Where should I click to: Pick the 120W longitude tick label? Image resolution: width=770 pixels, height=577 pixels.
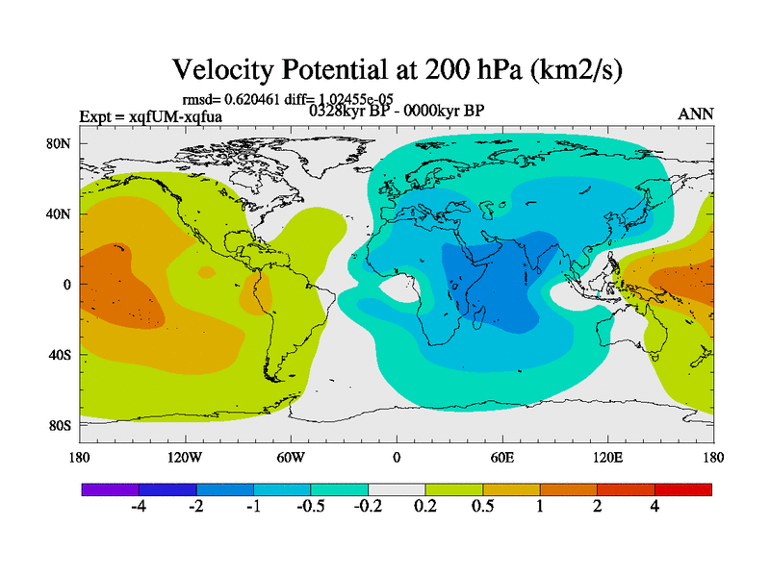[x=185, y=457]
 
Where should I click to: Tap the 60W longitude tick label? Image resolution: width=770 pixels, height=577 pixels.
[x=291, y=457]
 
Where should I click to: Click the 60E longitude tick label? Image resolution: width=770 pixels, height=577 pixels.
[x=502, y=457]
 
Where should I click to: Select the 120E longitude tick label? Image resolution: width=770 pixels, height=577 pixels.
[x=608, y=457]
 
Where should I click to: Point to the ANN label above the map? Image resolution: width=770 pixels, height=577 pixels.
[x=696, y=113]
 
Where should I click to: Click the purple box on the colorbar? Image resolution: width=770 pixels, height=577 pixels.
[x=110, y=489]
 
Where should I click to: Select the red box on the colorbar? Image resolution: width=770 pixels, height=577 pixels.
[x=683, y=489]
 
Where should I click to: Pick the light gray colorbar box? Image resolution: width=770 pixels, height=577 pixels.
[x=397, y=489]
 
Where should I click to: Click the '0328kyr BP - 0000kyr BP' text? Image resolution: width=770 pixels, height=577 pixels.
[x=397, y=110]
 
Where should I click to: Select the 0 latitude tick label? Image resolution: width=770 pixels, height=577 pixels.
[x=67, y=285]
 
